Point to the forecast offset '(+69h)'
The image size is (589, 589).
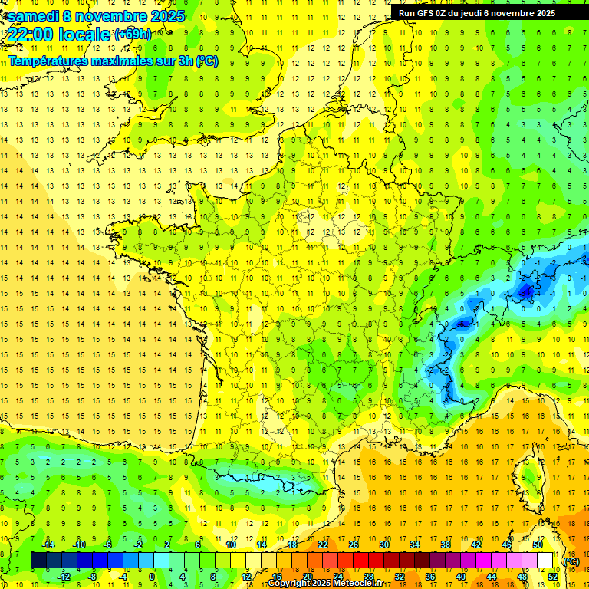(133, 35)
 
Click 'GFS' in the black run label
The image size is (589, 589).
(429, 13)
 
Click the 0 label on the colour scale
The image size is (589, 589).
(151, 577)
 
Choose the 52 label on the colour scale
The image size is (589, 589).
(552, 577)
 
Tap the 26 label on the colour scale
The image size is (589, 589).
(353, 545)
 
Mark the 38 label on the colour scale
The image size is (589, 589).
(445, 545)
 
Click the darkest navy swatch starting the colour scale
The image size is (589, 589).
(38, 561)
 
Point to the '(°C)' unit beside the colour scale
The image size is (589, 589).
(571, 561)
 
